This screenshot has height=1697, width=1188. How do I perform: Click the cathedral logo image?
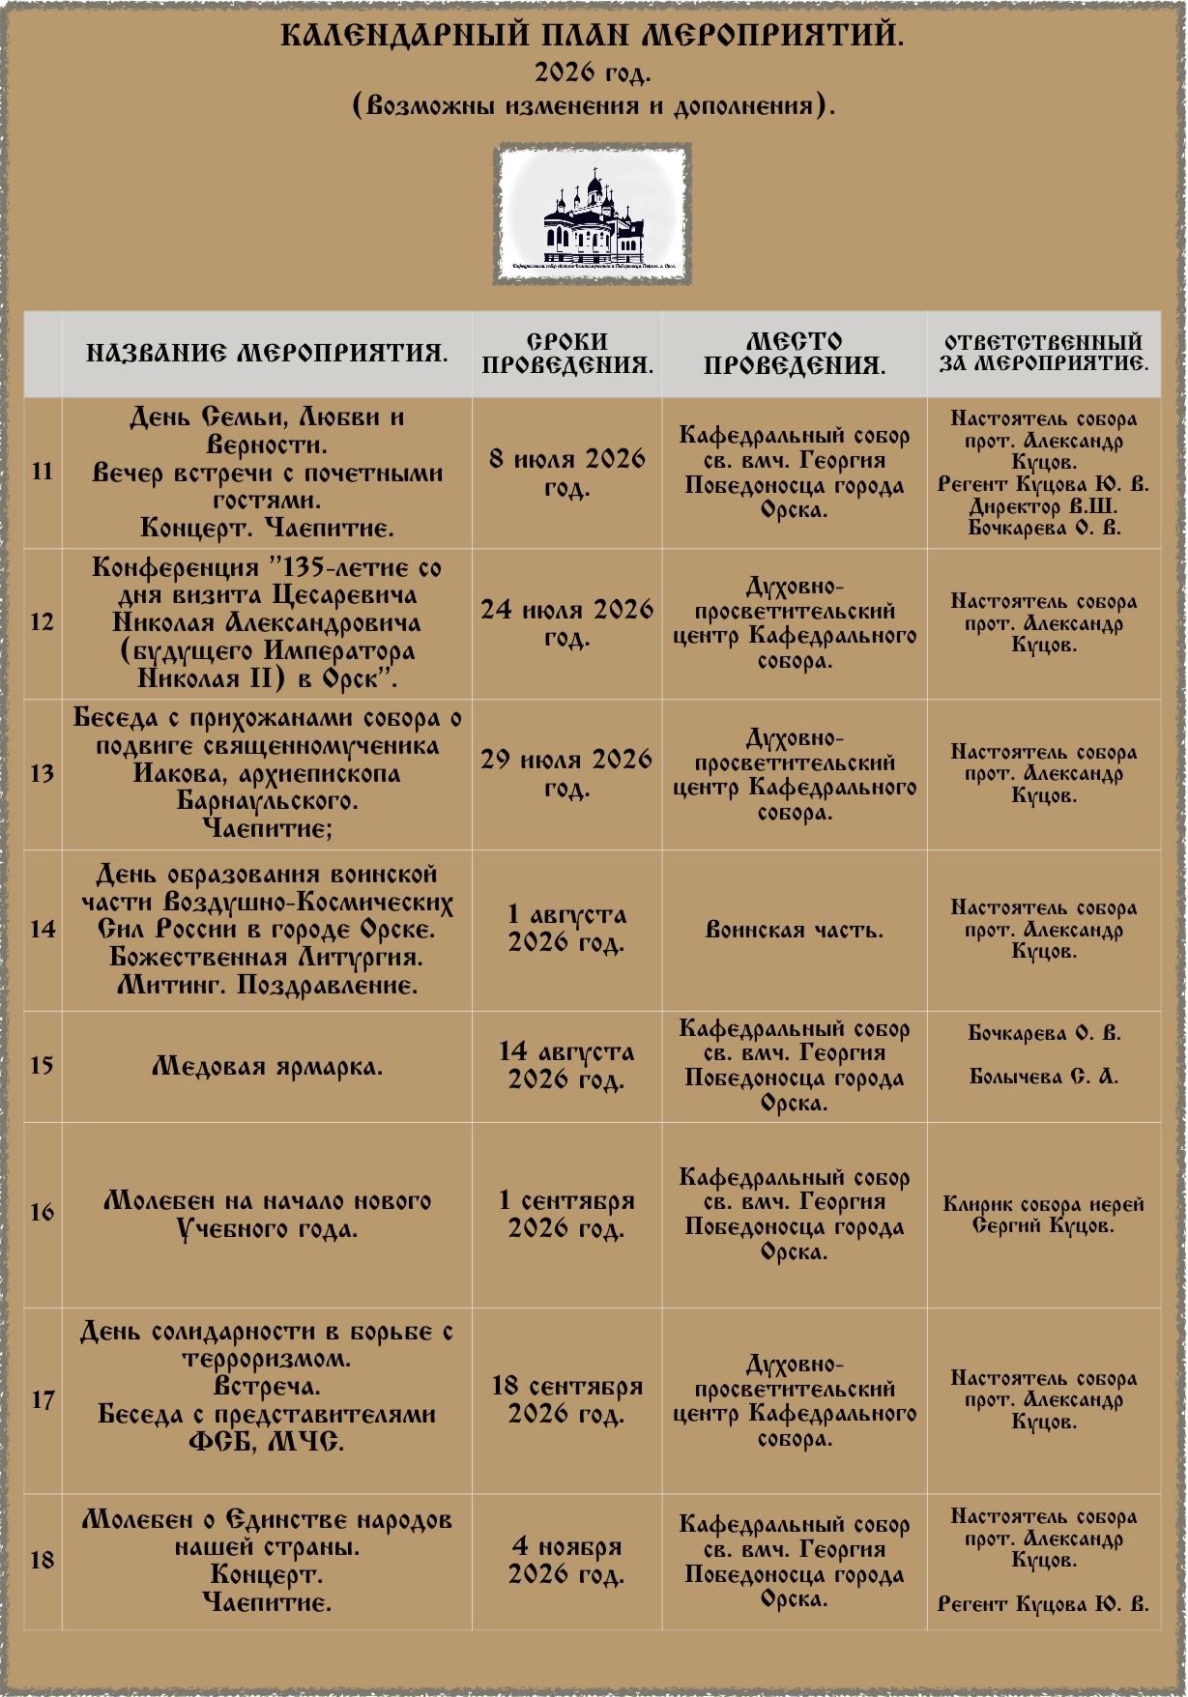click(593, 215)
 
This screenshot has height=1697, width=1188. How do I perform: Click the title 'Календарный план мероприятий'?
click(593, 36)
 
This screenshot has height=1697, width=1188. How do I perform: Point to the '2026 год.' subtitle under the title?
click(593, 72)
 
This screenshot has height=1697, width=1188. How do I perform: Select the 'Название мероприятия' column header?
click(267, 353)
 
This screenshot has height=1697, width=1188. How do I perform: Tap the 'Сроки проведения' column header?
click(567, 353)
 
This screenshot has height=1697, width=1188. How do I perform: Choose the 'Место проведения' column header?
click(795, 353)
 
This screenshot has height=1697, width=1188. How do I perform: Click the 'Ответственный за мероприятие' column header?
click(1044, 353)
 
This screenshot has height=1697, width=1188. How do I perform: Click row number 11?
click(43, 472)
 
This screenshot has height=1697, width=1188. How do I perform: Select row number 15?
click(43, 1065)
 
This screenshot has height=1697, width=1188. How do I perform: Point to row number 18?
click(43, 1560)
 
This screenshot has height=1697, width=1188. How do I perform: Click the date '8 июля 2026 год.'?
click(567, 472)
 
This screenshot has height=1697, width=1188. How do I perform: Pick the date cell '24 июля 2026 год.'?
click(567, 622)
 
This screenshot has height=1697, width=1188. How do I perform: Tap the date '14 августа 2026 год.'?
click(567, 1065)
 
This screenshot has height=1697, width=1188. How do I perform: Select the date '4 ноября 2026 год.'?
click(567, 1560)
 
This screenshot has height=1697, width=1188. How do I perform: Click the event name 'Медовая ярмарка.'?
click(267, 1067)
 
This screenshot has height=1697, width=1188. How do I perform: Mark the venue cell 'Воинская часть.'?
click(795, 931)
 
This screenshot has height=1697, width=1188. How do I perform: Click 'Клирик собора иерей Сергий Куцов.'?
click(1044, 1215)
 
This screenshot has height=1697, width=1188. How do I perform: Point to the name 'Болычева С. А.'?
click(1044, 1077)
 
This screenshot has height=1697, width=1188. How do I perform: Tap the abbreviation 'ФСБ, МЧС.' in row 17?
click(267, 1442)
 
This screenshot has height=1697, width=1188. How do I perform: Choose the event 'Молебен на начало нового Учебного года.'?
click(267, 1215)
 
